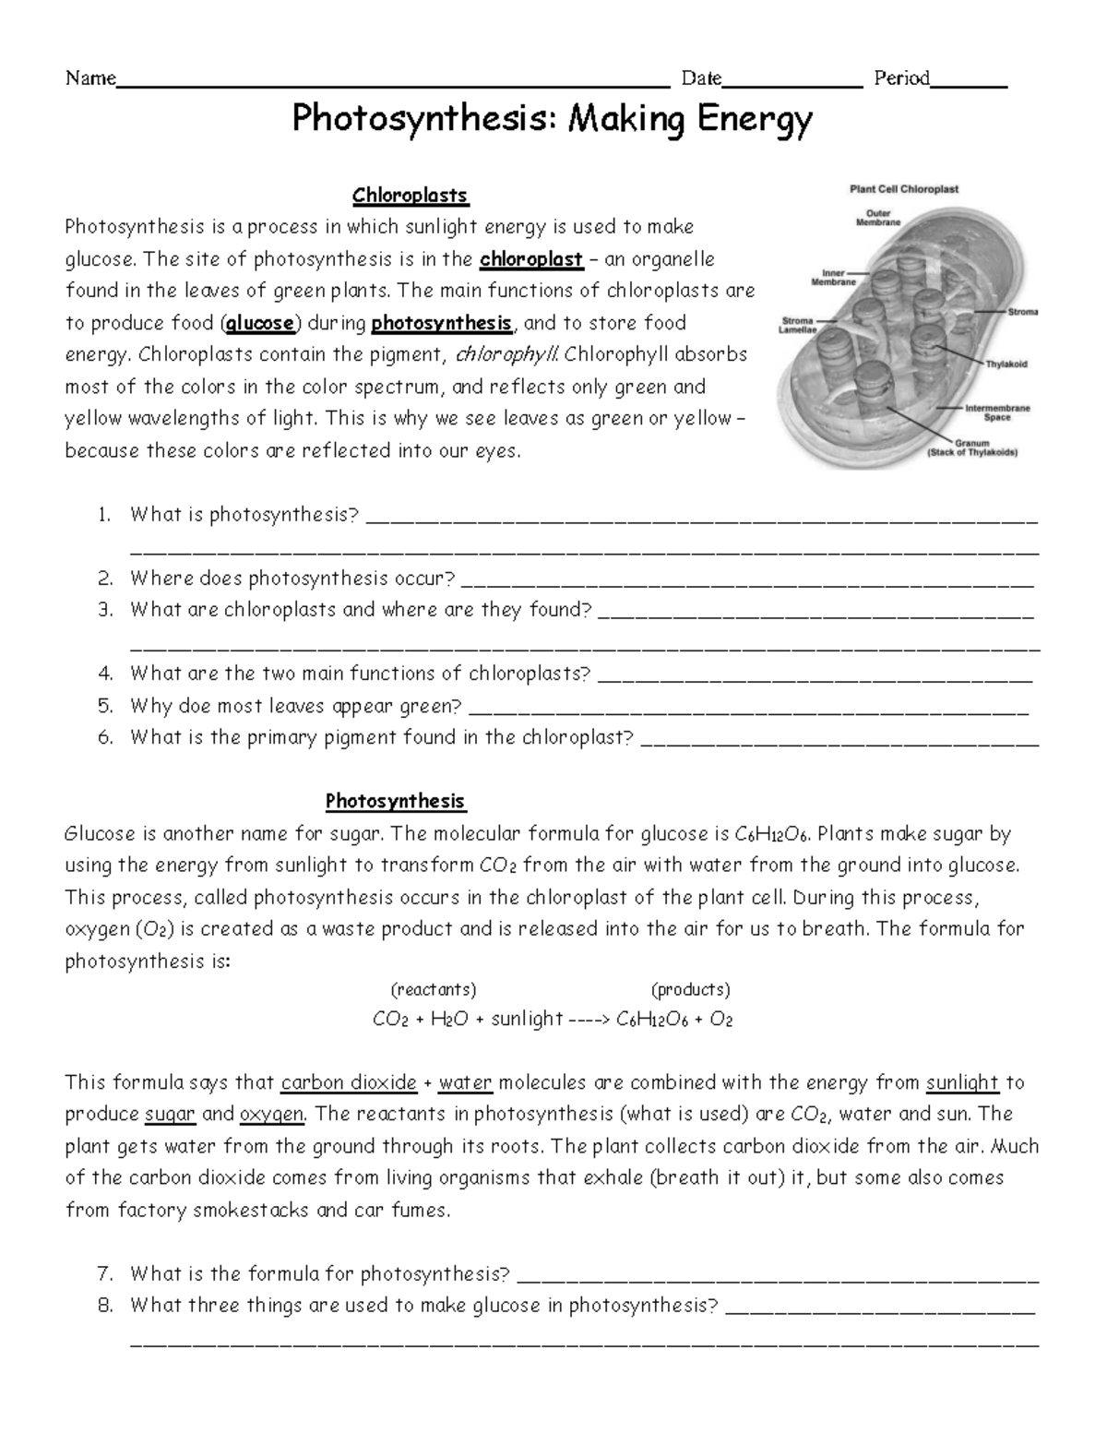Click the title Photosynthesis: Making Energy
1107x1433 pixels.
pyautogui.click(x=553, y=120)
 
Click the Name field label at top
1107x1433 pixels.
pyautogui.click(x=89, y=78)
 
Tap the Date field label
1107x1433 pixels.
pyautogui.click(x=701, y=78)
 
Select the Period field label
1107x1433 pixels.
pyautogui.click(x=901, y=78)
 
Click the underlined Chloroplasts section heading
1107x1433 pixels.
pyautogui.click(x=411, y=196)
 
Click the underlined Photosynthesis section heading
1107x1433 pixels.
pyautogui.click(x=395, y=801)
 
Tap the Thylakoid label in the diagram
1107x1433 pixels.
pyautogui.click(x=1006, y=364)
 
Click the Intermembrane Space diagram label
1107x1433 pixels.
pyautogui.click(x=997, y=412)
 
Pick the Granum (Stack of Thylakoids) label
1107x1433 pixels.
pyautogui.click(x=972, y=448)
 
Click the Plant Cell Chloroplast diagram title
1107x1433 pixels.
pyautogui.click(x=903, y=189)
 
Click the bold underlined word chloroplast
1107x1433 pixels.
pyautogui.click(x=531, y=259)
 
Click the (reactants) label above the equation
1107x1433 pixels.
pyautogui.click(x=434, y=990)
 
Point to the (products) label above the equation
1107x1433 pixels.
pyautogui.click(x=691, y=990)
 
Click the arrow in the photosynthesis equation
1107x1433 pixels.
pyautogui.click(x=589, y=1020)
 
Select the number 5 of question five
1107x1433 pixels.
pyautogui.click(x=105, y=707)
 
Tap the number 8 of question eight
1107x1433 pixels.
pyautogui.click(x=105, y=1306)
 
